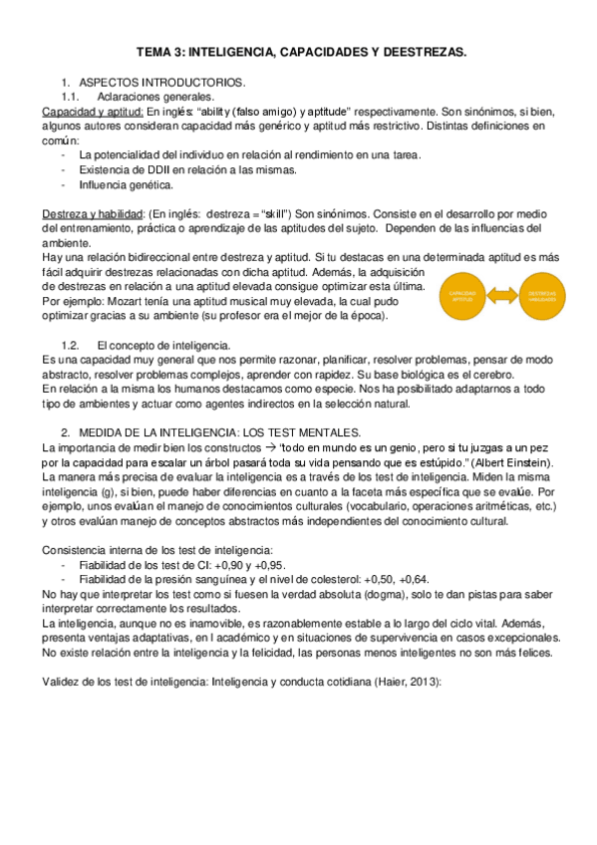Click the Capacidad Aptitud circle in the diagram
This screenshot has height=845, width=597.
pos(463,295)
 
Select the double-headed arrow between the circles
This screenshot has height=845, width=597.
pos(503,295)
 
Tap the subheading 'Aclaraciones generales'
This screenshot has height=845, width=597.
pos(154,97)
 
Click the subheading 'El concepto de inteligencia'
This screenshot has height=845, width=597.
pos(167,344)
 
